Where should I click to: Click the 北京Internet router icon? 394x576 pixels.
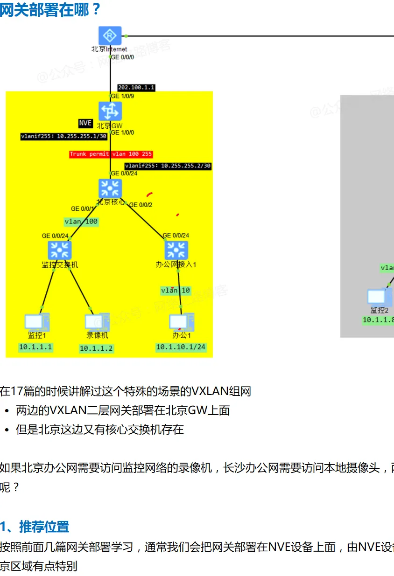110,36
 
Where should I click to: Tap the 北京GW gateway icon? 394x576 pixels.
110,111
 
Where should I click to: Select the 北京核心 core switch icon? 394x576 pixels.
110,188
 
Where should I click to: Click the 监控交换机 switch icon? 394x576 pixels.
60,250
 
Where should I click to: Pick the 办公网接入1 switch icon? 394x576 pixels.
176,250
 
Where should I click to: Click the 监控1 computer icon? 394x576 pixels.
37,322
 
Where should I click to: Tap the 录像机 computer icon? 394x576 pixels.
97,322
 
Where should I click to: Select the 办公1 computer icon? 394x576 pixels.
181,322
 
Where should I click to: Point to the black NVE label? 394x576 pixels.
85,123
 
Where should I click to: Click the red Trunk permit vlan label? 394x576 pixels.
111,154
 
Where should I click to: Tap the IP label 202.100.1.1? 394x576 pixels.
136,87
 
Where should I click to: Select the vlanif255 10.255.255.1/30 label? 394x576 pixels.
64,136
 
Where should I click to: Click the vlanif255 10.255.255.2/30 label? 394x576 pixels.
168,166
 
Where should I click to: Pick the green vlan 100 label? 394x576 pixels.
81,222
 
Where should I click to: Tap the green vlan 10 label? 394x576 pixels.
176,291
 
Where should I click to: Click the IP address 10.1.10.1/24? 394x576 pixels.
181,347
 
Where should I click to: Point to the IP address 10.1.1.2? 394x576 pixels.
96,348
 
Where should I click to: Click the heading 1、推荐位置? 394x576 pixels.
35,527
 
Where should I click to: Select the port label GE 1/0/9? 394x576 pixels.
122,96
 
